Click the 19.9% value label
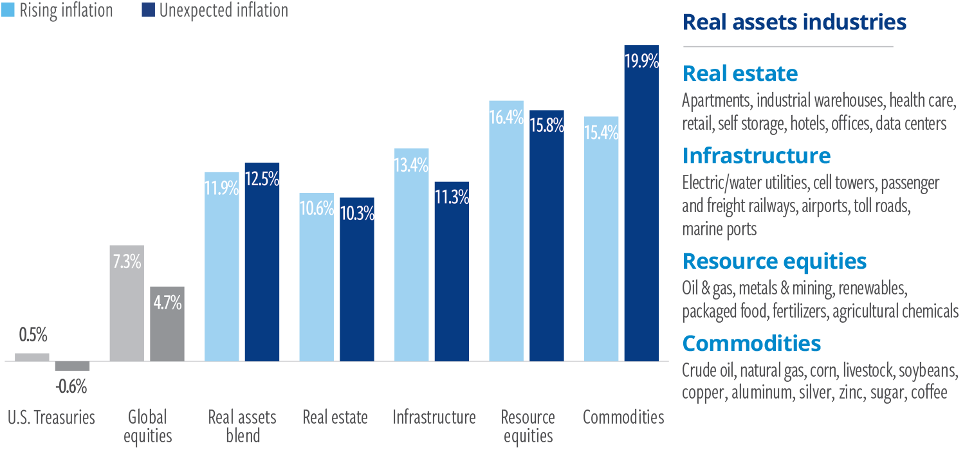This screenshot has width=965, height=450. [x=641, y=62]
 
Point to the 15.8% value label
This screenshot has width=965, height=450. [x=547, y=126]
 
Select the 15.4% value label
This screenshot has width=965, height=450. [x=602, y=133]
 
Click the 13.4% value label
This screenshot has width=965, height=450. [x=411, y=165]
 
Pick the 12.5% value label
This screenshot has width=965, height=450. [x=262, y=179]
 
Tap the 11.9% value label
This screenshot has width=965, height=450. [x=222, y=189]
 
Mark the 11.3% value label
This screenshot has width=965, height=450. [x=452, y=197]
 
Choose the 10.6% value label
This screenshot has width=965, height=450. [x=317, y=208]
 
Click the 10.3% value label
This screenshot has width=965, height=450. [x=357, y=213]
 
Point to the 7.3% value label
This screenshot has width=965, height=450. [x=127, y=262]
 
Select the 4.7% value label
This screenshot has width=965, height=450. [x=167, y=303]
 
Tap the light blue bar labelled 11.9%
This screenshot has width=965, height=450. [x=224, y=276]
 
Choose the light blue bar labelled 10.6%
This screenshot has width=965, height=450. [x=317, y=289]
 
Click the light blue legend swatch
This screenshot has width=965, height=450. [x=11, y=10]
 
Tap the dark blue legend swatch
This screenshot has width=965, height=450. [x=151, y=10]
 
